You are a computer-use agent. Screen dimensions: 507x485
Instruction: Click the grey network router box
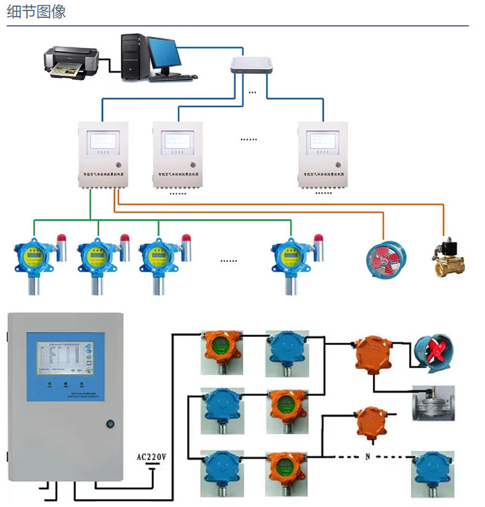pos(251,65)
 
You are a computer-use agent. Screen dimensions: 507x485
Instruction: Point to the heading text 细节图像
pos(36,12)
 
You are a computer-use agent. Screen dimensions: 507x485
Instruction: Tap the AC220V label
pos(152,457)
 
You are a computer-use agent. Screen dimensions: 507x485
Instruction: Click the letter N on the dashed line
pos(368,457)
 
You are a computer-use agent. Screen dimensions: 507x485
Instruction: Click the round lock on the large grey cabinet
pos(110,424)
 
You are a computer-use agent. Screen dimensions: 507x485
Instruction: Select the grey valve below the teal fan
pos(433,402)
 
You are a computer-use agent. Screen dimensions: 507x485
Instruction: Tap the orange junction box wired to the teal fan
pos(373,354)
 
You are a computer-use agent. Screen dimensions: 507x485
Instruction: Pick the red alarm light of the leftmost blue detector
pos(61,237)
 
